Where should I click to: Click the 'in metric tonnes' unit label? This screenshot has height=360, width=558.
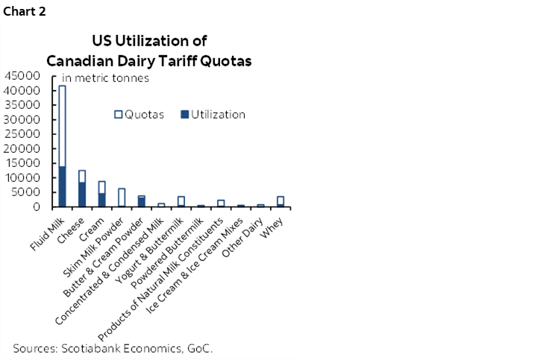pos(105,78)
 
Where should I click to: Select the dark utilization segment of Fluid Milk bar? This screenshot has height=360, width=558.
pos(63,186)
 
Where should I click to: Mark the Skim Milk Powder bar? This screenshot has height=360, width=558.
pos(122,198)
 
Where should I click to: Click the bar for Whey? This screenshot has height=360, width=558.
pos(280,202)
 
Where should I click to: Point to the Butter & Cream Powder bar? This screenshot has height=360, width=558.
pos(141,202)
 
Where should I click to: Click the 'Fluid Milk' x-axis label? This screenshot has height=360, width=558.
pos(50,224)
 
